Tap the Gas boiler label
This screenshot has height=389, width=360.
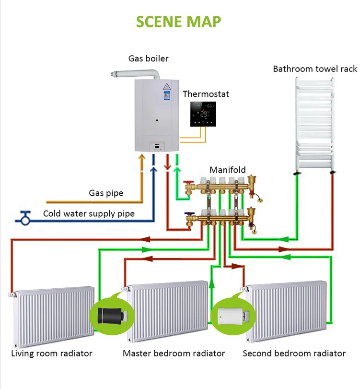tap(148, 59)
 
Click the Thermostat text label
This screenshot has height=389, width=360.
tap(206, 94)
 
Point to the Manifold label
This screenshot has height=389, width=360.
tap(227, 170)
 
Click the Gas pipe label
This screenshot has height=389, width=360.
tap(106, 193)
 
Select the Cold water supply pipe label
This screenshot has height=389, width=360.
tap(89, 213)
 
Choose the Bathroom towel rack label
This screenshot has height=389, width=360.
tap(314, 69)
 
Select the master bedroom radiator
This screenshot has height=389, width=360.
tap(168, 312)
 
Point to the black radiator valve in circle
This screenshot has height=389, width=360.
tap(111, 316)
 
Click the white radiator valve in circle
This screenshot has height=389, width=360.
tap(232, 316)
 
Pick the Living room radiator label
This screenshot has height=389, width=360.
tap(52, 354)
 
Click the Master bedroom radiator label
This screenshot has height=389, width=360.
tap(174, 354)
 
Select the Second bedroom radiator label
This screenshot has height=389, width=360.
tap(294, 354)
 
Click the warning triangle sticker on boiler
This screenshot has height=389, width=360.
tap(167, 87)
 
